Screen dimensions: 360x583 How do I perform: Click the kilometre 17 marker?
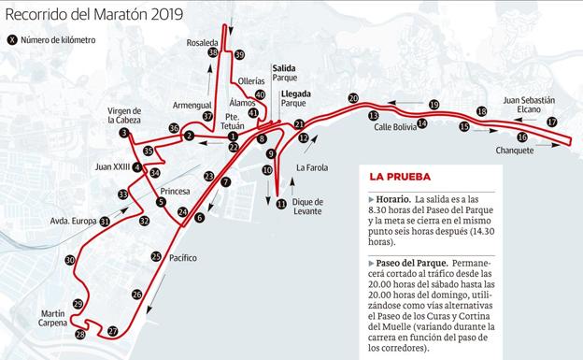pos(552,122)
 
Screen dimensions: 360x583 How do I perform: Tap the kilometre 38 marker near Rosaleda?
pos(213,53)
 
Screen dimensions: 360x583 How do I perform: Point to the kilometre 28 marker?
pos(80,334)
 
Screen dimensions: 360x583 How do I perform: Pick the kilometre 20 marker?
pos(353,98)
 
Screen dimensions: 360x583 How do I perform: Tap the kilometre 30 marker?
pos(70,260)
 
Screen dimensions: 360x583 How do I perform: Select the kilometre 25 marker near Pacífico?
pos(156,256)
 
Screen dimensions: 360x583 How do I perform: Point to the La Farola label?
pos(311,167)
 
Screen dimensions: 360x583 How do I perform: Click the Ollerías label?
pos(251,80)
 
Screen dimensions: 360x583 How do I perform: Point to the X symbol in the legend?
pos(12,39)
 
